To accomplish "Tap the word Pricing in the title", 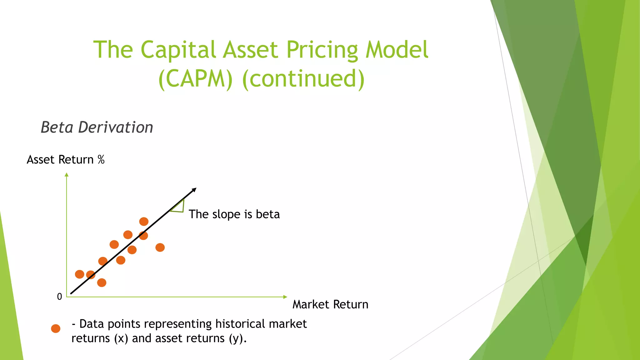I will tap(322, 50).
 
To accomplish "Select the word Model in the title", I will tap(397, 50).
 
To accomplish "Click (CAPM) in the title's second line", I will tap(196, 79).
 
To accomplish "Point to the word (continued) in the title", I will tap(303, 79).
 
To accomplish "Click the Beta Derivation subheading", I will tap(97, 127).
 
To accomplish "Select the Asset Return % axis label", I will tap(66, 160).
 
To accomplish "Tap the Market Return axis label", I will tap(330, 304).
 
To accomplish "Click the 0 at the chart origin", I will tap(59, 297).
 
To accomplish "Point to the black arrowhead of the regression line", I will tap(194, 190).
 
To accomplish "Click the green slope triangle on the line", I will tap(179, 207).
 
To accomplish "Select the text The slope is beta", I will tap(234, 214).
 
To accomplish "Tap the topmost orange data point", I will tap(144, 222).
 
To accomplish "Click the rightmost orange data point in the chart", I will tap(160, 247).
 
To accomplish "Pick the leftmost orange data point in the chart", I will tap(80, 274).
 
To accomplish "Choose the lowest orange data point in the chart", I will tap(102, 283).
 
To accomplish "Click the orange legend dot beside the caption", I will tap(56, 328).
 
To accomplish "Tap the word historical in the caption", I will tap(236, 324).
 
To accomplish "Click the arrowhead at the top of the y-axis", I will tap(67, 174).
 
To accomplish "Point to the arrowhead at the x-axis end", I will tap(285, 297).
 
